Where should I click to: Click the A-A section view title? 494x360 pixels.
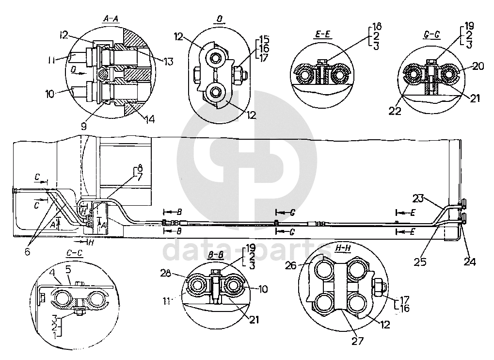(x=111, y=19)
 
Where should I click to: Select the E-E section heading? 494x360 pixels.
(x=322, y=34)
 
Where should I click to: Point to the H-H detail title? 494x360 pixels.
(x=343, y=248)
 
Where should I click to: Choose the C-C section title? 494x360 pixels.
(x=75, y=253)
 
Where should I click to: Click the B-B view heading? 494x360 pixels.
(x=216, y=255)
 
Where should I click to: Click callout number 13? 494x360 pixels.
(x=169, y=61)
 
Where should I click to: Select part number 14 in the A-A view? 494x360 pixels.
(x=150, y=119)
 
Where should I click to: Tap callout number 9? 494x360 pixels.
(x=83, y=126)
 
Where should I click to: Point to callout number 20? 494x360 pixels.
(x=478, y=66)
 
